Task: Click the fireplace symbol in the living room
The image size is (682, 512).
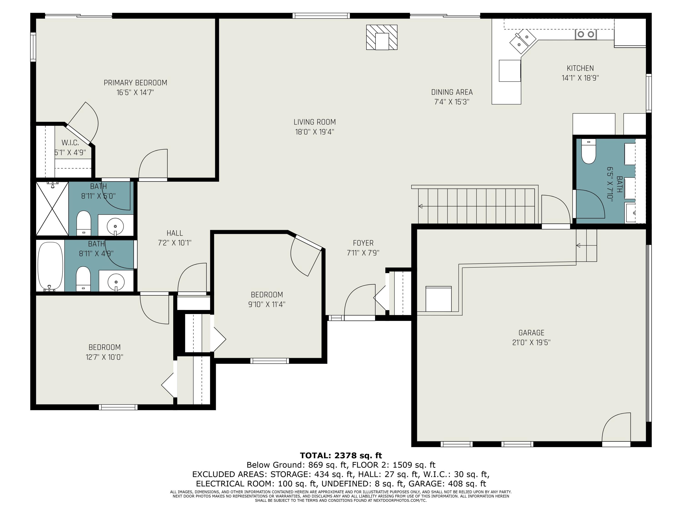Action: point(382,37)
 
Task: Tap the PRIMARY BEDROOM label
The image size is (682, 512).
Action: point(135,83)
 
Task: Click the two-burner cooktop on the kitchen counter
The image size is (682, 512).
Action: point(585,34)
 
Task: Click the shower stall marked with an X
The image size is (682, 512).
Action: point(52,209)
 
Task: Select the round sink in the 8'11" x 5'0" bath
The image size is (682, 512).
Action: point(115,226)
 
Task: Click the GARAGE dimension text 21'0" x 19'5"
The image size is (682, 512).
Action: point(531,342)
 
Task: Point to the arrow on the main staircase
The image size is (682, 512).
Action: point(421,206)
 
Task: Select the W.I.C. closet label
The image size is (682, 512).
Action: point(70,143)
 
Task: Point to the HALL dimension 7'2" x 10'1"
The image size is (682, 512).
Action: point(175,243)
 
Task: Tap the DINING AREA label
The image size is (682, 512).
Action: point(452,92)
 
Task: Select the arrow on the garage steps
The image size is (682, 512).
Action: point(578,245)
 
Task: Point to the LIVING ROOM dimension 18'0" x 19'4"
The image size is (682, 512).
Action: point(314,132)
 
